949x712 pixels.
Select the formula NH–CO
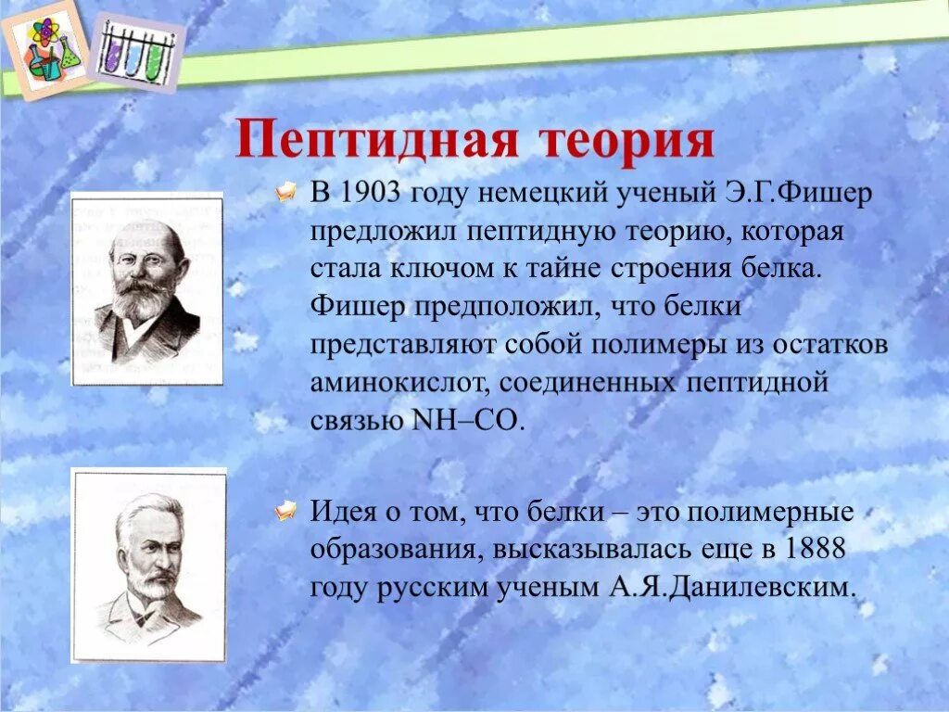pos(465,419)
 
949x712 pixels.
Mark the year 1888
pos(813,549)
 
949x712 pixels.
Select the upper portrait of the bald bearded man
pos(147,288)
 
